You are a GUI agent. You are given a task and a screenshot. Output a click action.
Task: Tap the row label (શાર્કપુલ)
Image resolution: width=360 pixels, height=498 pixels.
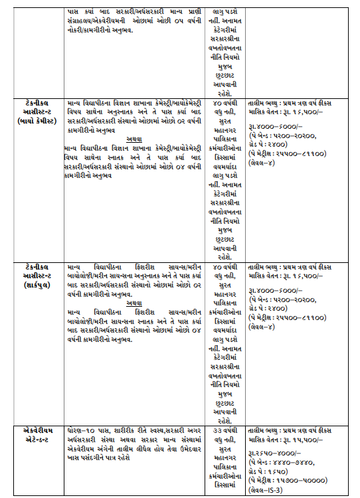(39, 284)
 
